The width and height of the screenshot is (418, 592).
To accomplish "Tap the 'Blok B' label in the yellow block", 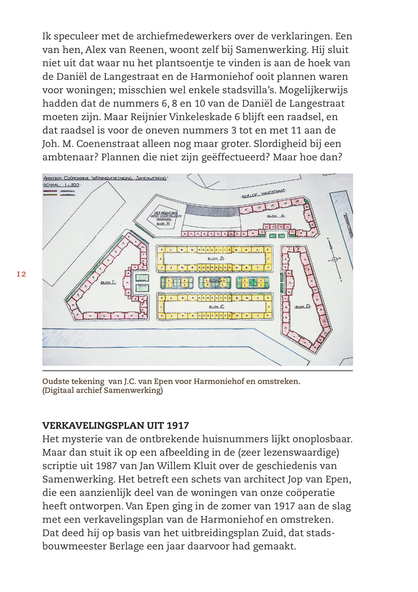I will [x=216, y=258].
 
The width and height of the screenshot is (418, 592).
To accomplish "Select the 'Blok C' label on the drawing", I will [x=216, y=307].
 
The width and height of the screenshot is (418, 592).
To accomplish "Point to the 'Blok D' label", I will [x=303, y=307].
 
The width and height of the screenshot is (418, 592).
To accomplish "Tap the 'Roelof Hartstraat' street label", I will [x=263, y=194].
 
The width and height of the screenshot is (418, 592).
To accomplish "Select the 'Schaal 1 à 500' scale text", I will [x=62, y=185].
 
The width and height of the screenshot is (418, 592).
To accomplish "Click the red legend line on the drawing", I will [x=50, y=191].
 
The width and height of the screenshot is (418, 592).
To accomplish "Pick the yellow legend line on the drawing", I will [x=50, y=195].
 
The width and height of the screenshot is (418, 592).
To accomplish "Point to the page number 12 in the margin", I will [x=22, y=274].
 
